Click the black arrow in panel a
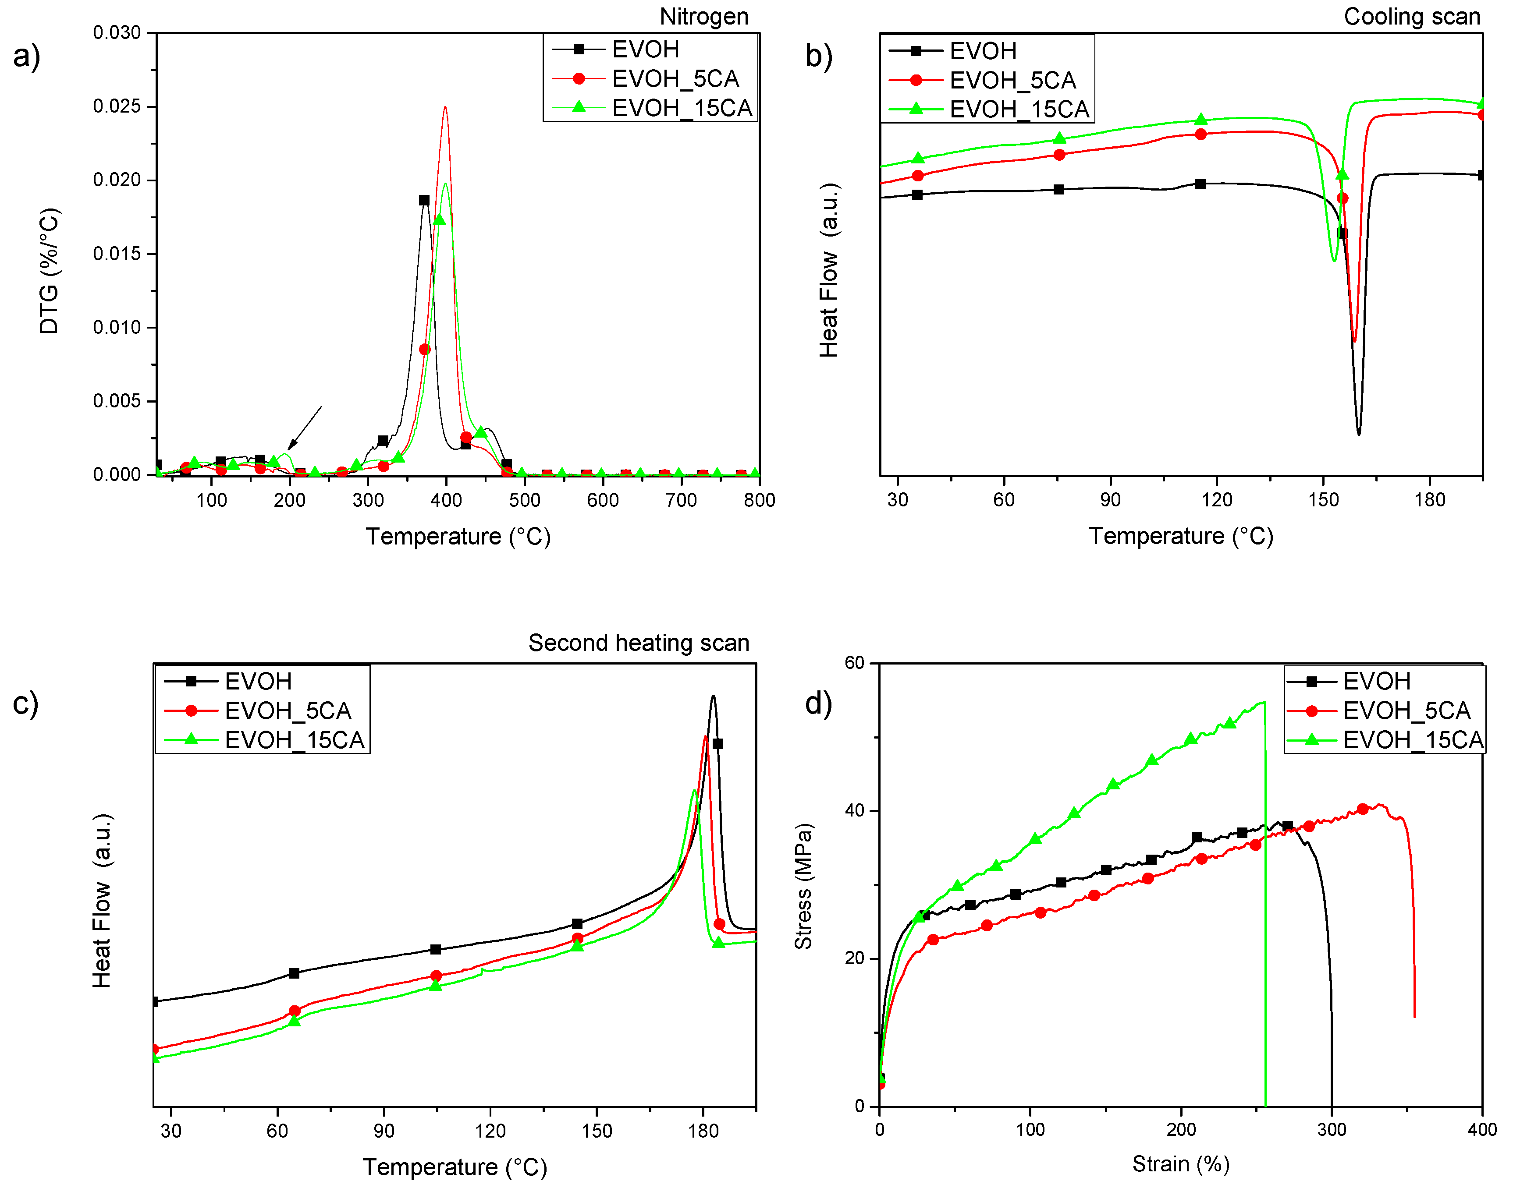click(305, 428)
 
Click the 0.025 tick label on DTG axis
click(117, 106)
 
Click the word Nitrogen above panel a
click(703, 16)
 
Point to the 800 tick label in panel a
click(759, 500)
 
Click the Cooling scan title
click(1411, 16)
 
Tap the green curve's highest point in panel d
click(1263, 703)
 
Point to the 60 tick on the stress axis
click(854, 663)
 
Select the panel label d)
click(818, 703)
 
